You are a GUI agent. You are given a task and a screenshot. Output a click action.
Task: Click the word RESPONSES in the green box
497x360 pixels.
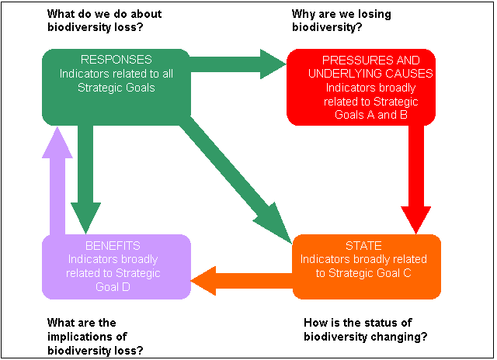(x=116, y=59)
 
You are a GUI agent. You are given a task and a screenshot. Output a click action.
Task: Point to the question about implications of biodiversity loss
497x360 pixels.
(x=95, y=336)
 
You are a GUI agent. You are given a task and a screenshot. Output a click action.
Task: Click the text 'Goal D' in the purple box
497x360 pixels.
(x=113, y=286)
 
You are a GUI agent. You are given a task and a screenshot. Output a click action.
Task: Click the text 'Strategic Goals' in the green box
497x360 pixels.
(x=116, y=88)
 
